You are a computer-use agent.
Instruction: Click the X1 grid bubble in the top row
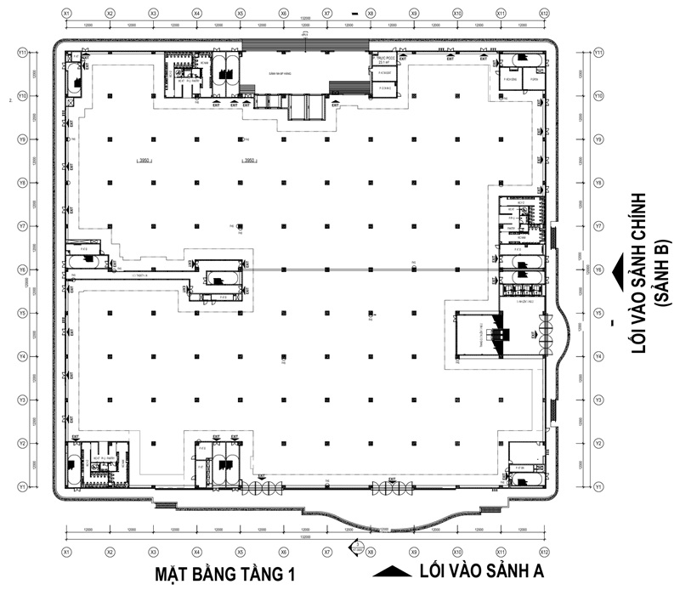click(66, 14)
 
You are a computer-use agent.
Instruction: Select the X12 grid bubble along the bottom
click(544, 552)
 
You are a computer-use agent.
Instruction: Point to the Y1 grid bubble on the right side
click(599, 486)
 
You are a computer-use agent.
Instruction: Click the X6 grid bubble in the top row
click(284, 14)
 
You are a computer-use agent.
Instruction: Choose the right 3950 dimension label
click(249, 160)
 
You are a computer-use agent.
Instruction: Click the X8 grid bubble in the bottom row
click(371, 552)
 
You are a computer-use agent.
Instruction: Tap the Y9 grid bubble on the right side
click(599, 139)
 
